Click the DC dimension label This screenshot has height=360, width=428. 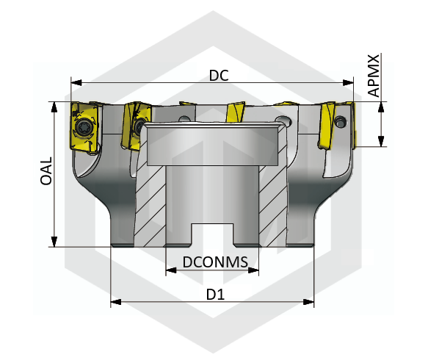click(x=219, y=76)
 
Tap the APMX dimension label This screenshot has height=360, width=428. click(x=374, y=76)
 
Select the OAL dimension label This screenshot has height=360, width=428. click(x=46, y=171)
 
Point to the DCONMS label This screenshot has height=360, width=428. click(x=215, y=262)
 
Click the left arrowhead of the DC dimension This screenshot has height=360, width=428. click(x=76, y=82)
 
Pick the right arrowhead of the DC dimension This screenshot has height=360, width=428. click(x=348, y=82)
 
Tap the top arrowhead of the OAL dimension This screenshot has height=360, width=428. click(x=54, y=107)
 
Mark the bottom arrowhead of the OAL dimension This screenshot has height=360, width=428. click(x=54, y=242)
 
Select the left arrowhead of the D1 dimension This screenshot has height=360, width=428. click(x=116, y=302)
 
